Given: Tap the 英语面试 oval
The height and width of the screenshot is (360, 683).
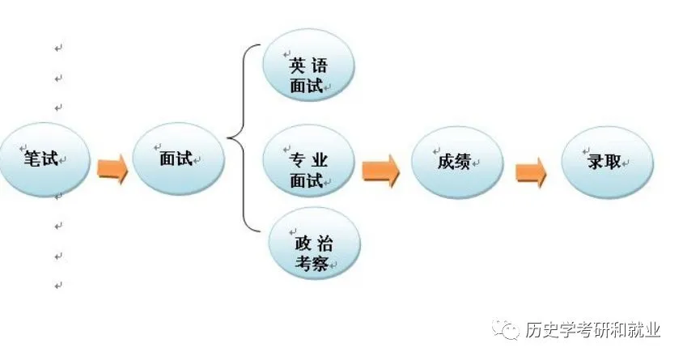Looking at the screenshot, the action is [x=308, y=73].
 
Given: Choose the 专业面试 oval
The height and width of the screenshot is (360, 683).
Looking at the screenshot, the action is [x=308, y=166].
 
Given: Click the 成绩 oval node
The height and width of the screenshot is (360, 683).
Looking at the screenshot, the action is [x=455, y=162].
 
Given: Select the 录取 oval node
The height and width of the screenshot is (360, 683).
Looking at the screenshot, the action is [x=606, y=162].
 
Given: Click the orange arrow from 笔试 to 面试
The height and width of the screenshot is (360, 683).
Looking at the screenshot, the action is [x=112, y=171].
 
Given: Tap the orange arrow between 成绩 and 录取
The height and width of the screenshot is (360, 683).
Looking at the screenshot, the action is [x=531, y=172].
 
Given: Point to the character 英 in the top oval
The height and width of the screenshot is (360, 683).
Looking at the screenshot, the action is [x=297, y=63].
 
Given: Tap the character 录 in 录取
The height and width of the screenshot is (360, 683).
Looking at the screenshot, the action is [x=596, y=161].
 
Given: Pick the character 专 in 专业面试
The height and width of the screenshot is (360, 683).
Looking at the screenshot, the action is [x=297, y=157].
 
